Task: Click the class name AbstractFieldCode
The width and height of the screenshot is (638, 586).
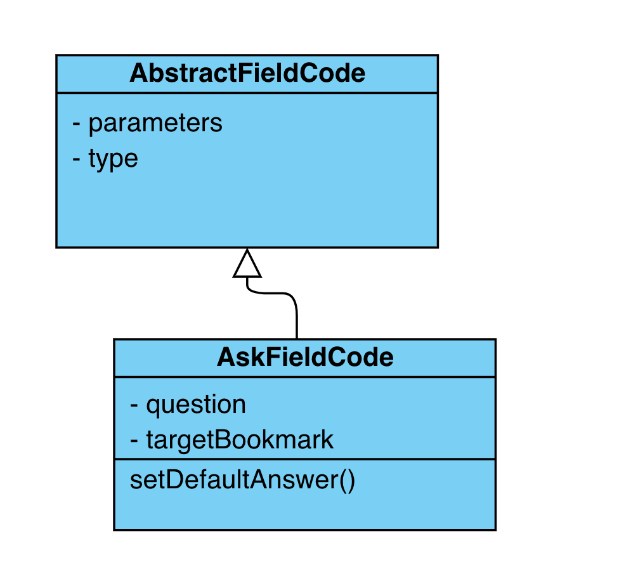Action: point(247,74)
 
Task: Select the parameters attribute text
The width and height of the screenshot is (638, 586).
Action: point(155,123)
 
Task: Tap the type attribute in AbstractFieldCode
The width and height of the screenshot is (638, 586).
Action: point(113,159)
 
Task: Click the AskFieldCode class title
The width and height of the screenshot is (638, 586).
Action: point(305,358)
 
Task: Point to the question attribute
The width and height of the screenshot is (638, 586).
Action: point(196,405)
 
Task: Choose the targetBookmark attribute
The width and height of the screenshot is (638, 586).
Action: point(240,439)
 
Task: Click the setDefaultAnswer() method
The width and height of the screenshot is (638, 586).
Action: point(242,480)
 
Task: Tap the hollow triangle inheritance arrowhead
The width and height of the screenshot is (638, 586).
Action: point(247,264)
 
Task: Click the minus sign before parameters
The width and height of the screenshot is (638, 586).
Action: point(77,123)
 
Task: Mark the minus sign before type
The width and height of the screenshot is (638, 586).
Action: point(77,159)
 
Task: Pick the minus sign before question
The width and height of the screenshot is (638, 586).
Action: point(135,405)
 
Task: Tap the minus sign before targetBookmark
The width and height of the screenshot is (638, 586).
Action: point(135,439)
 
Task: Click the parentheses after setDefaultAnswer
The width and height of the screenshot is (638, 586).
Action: point(346,480)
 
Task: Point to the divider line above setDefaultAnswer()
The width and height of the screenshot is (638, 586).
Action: point(304,459)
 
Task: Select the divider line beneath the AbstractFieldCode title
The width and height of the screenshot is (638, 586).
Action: point(247,94)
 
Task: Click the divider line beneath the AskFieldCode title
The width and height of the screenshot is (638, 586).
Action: point(304,377)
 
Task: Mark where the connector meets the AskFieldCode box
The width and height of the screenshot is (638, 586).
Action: point(297,339)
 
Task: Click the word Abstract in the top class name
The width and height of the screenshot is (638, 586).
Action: point(174,74)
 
